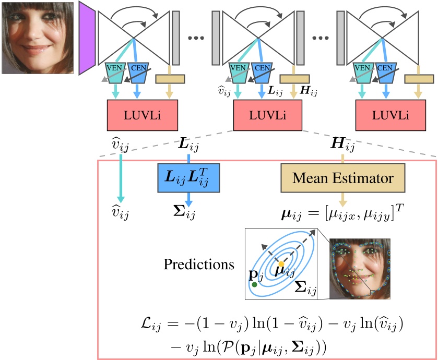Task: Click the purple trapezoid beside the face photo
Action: tap(86, 38)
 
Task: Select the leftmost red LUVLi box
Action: tap(139, 114)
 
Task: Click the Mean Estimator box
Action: tap(342, 178)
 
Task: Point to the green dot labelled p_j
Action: tap(254, 285)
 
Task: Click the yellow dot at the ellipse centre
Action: tap(281, 264)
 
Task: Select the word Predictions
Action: tap(199, 264)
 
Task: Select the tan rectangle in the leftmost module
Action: tap(170, 78)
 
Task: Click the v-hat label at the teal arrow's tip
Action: tap(121, 213)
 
